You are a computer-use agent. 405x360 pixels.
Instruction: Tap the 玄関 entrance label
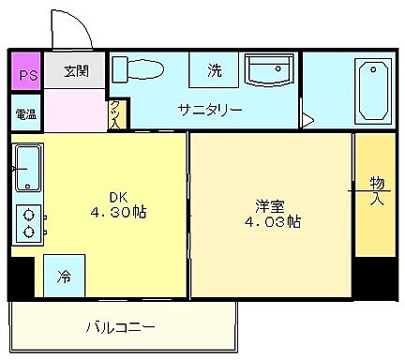point(77,70)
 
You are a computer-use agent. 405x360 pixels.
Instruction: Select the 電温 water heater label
point(25,115)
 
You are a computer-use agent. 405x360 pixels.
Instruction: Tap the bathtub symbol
point(372,89)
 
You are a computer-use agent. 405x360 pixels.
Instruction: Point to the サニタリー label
point(211,110)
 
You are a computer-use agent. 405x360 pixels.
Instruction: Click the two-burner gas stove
point(29,220)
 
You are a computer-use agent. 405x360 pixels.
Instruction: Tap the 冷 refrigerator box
point(63,277)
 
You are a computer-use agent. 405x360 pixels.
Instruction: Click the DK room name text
point(118,196)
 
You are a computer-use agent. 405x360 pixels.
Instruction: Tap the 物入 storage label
point(376,189)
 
